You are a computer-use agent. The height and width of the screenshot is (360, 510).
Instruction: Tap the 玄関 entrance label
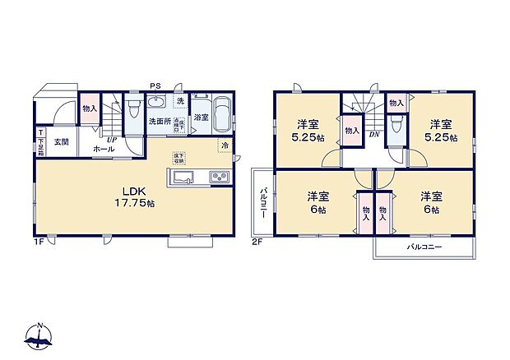pos(61,141)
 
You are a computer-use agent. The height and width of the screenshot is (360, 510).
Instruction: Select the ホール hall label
pos(104,149)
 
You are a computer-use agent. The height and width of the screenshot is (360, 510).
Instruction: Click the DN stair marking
pos(373,134)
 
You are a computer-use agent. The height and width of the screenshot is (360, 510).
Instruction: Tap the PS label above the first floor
pos(155,85)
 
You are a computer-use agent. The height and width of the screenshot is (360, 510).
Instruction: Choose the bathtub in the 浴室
pos(220,116)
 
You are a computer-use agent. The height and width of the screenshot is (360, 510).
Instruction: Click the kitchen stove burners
pos(219,177)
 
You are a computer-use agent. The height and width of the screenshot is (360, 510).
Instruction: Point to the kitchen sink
pos(183,178)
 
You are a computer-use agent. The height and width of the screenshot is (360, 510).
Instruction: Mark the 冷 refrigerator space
pos(225,145)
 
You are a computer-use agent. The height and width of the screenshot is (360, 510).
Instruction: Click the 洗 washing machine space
pos(180,101)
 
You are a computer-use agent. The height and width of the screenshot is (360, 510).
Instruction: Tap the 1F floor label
pos(39,242)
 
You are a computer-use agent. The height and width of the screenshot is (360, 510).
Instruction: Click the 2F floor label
pos(257,242)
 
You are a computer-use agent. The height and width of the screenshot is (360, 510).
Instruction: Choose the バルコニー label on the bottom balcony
pos(424,247)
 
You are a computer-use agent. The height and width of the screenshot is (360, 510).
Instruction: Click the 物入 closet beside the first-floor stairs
pos(89,108)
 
